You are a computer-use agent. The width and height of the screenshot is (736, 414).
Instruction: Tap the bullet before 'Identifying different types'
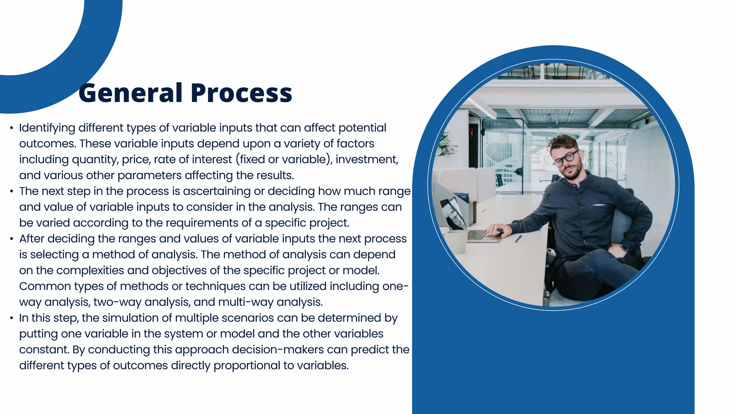coord(12,128)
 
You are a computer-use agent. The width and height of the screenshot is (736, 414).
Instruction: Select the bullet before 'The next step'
coord(12,191)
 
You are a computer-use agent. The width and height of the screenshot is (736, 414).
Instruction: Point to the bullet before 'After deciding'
coord(12,239)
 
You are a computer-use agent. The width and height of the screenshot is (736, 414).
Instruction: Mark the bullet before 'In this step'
coord(12,318)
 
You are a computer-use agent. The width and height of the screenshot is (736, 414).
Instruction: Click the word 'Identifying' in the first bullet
coord(47,128)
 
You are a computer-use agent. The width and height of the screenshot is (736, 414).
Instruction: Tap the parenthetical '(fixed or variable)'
coord(284,159)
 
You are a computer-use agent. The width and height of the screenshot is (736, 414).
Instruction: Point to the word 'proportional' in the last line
coord(247,366)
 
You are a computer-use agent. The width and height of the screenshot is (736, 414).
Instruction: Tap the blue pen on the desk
coord(518,239)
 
